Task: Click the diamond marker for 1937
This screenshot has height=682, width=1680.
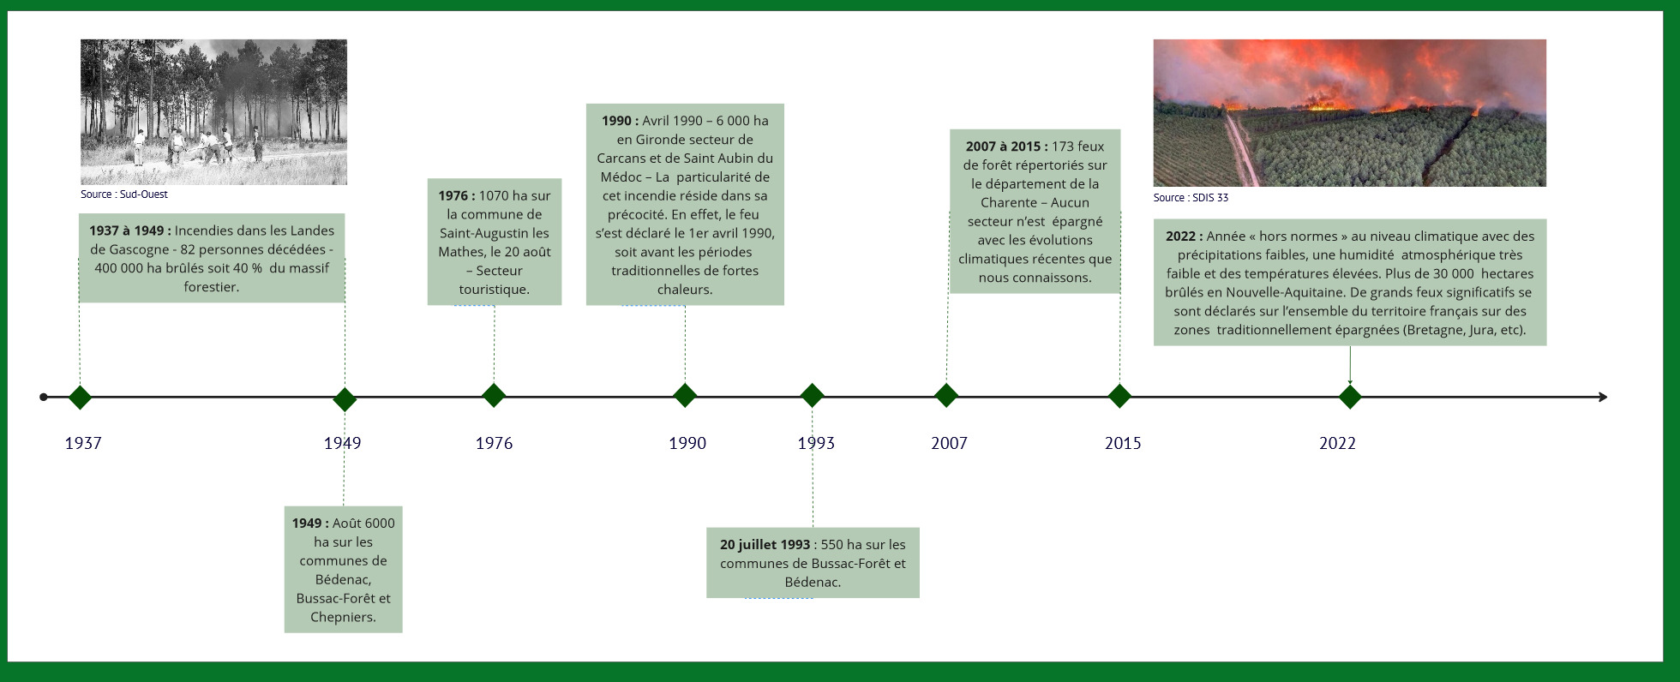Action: [80, 398]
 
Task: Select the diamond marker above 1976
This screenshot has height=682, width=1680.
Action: [494, 396]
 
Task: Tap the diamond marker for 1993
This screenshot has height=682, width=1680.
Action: [812, 396]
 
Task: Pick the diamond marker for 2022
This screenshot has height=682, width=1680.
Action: [1350, 398]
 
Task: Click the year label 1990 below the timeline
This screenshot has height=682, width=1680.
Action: [687, 443]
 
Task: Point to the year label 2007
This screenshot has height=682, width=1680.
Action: [949, 443]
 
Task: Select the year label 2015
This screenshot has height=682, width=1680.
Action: [1123, 443]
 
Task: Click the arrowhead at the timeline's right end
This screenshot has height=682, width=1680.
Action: [1603, 397]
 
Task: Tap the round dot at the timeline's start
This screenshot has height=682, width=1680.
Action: [44, 398]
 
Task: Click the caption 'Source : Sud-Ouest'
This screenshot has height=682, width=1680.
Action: [124, 194]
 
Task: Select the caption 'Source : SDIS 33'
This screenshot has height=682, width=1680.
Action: [1191, 198]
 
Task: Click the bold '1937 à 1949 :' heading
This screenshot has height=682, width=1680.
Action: [130, 230]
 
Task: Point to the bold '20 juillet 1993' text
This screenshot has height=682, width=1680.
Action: [765, 545]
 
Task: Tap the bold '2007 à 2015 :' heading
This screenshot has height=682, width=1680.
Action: [1006, 147]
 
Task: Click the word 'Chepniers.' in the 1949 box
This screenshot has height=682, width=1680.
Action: [343, 617]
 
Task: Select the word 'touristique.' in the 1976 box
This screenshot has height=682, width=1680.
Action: [494, 290]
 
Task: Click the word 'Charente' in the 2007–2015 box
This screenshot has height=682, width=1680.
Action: [1009, 203]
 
